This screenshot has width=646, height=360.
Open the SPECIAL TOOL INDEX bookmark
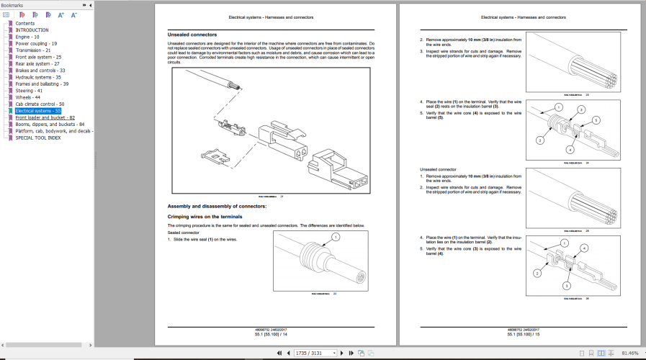(38, 138)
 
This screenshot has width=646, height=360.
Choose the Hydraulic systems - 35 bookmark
(38, 77)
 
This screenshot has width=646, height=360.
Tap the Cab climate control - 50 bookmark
(40, 104)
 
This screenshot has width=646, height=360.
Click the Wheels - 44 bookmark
(28, 97)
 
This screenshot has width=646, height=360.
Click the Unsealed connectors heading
(192, 35)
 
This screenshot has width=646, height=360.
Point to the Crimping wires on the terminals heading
(205, 217)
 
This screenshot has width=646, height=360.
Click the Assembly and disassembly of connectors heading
(217, 207)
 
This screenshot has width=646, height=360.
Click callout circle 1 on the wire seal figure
(335, 237)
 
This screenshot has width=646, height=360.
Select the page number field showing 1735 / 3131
(317, 354)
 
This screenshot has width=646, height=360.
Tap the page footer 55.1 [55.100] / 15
(523, 334)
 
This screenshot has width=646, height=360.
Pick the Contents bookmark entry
(24, 24)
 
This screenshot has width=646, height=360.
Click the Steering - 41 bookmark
(29, 91)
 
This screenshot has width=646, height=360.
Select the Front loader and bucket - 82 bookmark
(45, 117)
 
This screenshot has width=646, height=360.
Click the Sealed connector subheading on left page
(184, 233)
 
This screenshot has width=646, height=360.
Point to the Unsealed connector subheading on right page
(438, 169)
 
